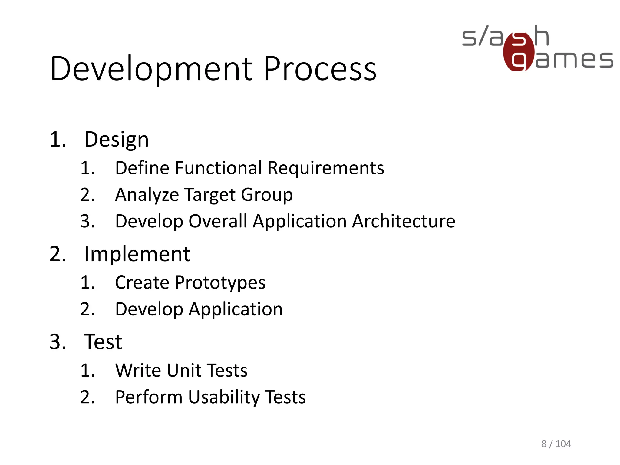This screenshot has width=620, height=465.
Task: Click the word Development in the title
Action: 151,69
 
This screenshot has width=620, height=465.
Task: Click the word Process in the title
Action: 320,69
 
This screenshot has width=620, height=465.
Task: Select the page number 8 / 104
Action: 556,444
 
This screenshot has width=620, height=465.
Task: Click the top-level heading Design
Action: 116,140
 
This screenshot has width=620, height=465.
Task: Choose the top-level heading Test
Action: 103,341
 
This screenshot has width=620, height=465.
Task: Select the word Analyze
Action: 147,195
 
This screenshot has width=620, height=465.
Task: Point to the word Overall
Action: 218,221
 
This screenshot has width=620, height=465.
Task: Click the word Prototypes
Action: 220,283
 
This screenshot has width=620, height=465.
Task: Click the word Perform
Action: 149,397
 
